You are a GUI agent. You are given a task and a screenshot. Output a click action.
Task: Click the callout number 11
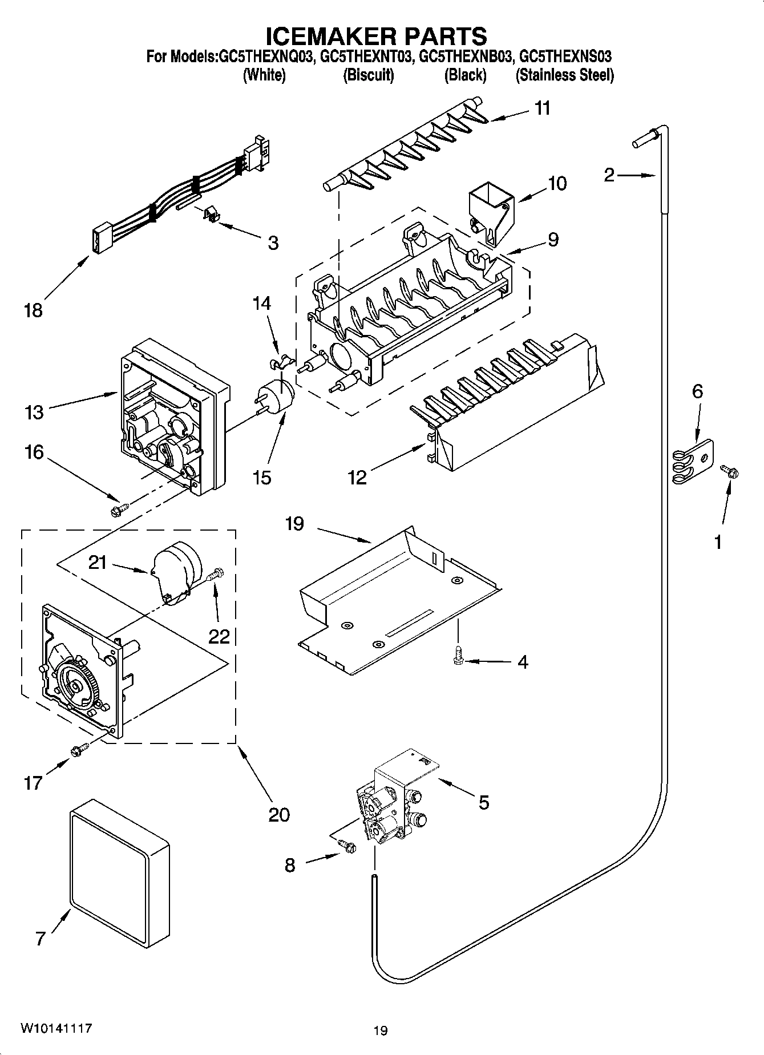(x=542, y=108)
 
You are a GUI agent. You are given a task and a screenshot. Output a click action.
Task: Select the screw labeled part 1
(x=729, y=471)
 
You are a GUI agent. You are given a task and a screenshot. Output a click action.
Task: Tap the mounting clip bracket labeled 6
(x=692, y=463)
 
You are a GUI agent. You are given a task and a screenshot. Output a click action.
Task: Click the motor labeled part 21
(x=175, y=572)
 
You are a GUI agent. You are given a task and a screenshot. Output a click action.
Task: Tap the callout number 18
(x=33, y=310)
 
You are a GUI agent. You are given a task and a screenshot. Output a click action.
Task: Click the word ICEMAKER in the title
(x=321, y=36)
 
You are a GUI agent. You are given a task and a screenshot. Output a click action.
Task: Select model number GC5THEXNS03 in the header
(x=566, y=56)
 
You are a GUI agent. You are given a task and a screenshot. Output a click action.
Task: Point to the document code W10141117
(x=56, y=1028)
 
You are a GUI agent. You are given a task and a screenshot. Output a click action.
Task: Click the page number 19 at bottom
(x=380, y=1030)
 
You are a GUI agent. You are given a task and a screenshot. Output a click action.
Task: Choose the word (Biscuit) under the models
(x=368, y=75)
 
